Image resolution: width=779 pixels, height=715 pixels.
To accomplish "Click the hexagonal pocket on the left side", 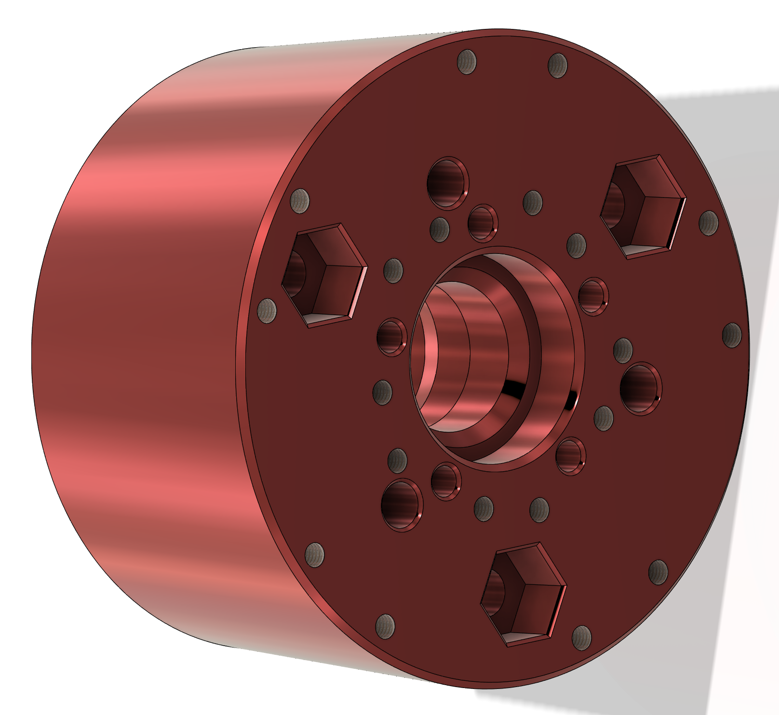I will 324,276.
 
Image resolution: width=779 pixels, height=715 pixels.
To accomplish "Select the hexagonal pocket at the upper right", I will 643,207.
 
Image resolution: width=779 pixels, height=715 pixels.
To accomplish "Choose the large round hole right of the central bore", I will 640,389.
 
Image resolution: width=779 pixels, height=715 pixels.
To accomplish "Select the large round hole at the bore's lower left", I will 402,505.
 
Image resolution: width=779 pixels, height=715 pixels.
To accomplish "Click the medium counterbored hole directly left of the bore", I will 391,337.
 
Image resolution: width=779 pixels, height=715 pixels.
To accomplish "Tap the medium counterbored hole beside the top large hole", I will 482,223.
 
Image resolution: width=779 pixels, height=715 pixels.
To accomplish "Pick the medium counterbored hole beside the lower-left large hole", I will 445,481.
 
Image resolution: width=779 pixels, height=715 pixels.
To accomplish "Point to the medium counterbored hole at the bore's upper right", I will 592,296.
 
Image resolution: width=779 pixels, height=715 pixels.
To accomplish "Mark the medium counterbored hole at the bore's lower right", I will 570,456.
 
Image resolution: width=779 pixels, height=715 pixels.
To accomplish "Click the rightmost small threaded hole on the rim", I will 732,335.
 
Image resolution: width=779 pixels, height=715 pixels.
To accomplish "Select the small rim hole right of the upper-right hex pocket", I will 708,223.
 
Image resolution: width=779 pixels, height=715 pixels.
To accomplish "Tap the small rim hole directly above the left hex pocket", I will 300,201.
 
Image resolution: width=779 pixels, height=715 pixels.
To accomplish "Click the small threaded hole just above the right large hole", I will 623,350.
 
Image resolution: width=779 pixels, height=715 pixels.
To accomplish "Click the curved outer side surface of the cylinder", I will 145,337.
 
